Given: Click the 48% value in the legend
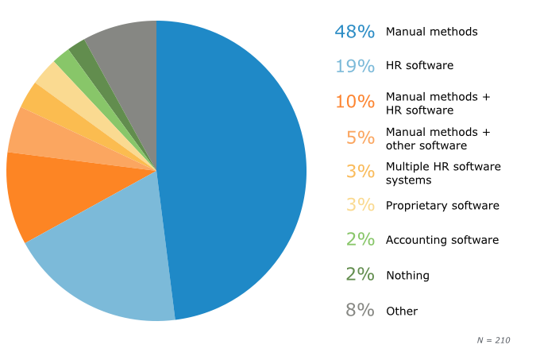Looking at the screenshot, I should pos(354,32).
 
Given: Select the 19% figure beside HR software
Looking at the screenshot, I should pos(354,66).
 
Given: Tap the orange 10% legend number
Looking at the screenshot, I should pos(354,102).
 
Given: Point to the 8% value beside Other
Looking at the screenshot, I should pos(360,311).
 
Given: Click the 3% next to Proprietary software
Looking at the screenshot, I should pos(360,205).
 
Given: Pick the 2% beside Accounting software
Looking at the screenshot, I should pos(360,239).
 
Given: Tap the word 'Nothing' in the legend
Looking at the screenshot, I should pos(407,276).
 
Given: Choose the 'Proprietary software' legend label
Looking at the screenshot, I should pos(442,206).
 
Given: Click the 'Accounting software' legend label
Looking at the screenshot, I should pos(442,240).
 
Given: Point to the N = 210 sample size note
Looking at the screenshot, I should pos(493,340).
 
